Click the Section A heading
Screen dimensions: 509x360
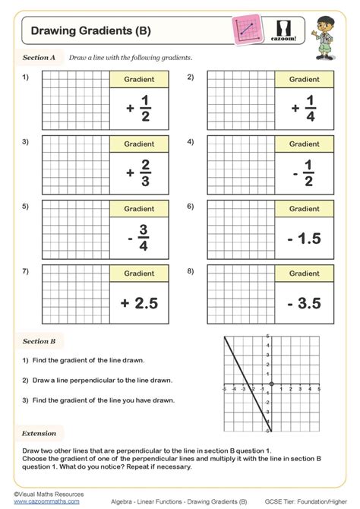(39, 58)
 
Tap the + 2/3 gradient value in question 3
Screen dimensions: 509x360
(139, 173)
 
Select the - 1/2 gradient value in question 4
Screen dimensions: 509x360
(304, 173)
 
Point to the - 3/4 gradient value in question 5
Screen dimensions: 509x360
(139, 238)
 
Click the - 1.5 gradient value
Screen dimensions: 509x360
(304, 239)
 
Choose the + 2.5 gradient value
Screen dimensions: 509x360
(139, 303)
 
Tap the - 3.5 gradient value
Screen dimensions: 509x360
(304, 303)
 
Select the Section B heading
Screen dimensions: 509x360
(39, 342)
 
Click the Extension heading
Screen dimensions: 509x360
(39, 434)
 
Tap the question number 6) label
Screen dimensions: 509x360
(191, 207)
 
